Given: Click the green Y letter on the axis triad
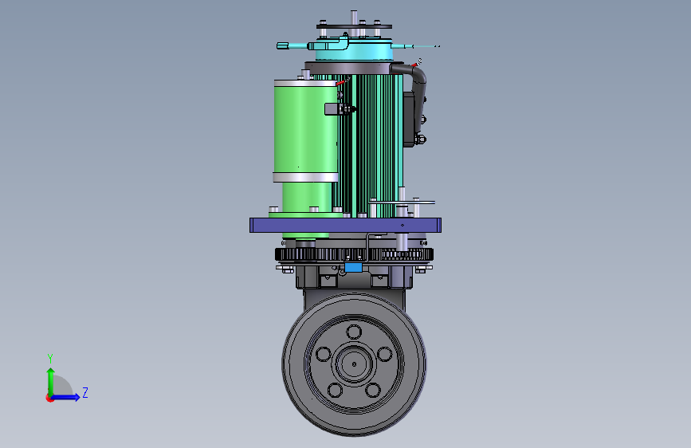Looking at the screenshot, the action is tap(50, 358).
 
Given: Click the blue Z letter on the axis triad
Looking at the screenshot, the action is tap(85, 392).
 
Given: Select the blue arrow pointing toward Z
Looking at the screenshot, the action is tap(65, 397).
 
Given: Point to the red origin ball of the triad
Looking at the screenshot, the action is tap(49, 398).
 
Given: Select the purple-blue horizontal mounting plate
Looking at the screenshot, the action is tap(345, 225).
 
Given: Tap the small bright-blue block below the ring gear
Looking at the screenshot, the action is tap(353, 267).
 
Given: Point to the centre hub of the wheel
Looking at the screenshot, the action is tap(355, 364).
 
